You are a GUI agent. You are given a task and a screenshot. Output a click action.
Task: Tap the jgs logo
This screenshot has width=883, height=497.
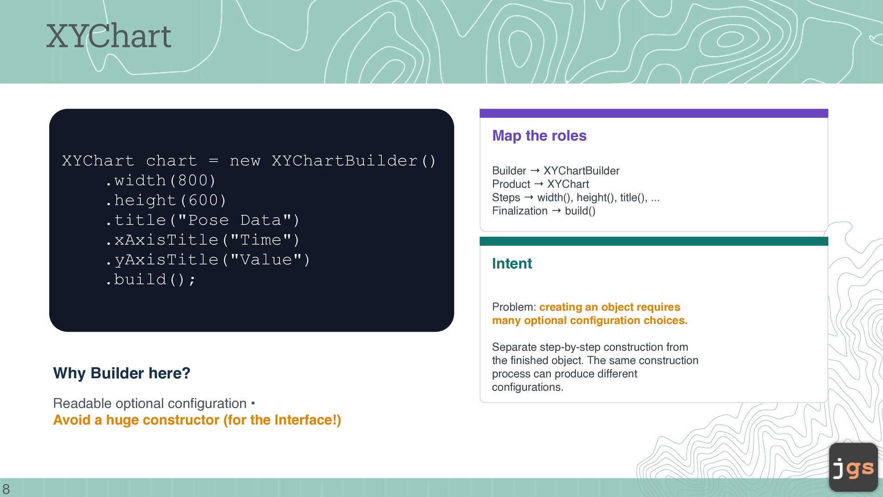[854, 467]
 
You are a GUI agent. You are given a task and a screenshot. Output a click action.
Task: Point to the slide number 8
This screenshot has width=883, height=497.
[6, 489]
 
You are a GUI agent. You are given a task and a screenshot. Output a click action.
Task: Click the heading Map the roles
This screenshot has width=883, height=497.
[539, 136]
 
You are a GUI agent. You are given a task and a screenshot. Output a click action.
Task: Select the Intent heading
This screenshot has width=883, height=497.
[512, 263]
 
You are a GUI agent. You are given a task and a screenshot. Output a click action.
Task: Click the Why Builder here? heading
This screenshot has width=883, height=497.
[121, 373]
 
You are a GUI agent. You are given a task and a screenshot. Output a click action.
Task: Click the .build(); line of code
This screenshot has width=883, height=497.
[150, 279]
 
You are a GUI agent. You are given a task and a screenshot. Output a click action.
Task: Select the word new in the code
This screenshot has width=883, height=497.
[245, 161]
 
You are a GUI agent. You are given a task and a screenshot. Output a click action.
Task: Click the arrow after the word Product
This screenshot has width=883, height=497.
[539, 184]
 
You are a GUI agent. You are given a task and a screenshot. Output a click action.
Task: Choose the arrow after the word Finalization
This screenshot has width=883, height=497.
[556, 211]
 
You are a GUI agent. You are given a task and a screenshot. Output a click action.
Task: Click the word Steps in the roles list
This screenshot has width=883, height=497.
[506, 198]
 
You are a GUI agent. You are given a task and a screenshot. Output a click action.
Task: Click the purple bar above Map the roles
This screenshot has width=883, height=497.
[654, 113]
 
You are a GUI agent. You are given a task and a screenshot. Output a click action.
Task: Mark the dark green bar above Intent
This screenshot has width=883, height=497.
[654, 241]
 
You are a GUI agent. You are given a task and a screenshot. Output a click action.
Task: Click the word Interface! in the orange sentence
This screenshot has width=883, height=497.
[306, 420]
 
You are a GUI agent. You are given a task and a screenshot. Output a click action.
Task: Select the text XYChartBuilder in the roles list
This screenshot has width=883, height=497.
[581, 171]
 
